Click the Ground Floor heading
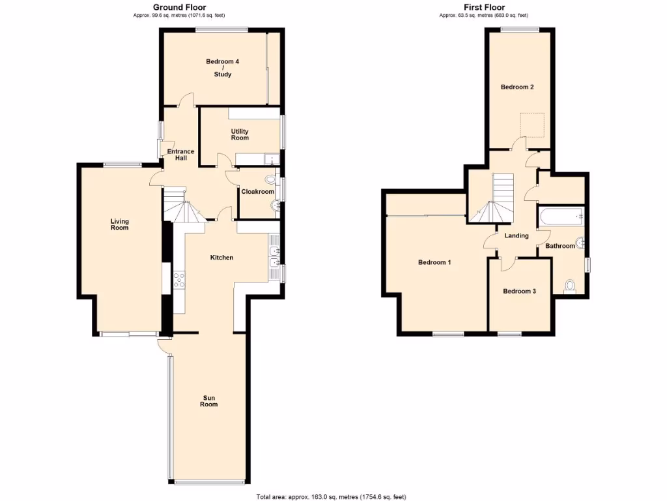pos(175,7)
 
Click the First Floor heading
pos(483,7)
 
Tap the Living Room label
pos(119,224)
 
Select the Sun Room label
pos(208,401)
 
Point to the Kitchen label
pos(221,258)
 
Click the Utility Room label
pos(240,134)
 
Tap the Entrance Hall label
pos(180,155)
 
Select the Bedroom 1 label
pos(434,262)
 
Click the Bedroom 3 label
pos(519,291)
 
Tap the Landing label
pos(517,235)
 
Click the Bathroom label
pos(560,246)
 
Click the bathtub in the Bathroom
pos(560,216)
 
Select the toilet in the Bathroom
pos(570,286)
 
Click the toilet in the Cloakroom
pos(271,179)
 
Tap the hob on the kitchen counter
pos(179,281)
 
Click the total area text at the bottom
pos(332,496)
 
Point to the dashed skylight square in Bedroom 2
pos(532,125)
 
